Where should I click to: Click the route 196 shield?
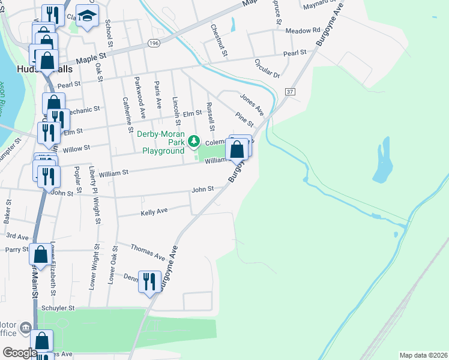coord(154,43)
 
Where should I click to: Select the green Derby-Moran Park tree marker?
coord(193,142)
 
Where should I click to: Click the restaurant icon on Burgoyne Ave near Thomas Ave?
coord(148,281)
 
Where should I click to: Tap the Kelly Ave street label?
coord(154,212)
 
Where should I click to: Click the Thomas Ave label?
coord(148,252)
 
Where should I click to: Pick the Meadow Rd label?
coord(303,31)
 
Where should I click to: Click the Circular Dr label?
coord(267,68)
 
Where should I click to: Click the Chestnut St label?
coord(219,40)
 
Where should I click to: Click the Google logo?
coord(20,352)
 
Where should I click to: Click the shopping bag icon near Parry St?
coord(40,254)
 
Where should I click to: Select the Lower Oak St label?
coord(112,264)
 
